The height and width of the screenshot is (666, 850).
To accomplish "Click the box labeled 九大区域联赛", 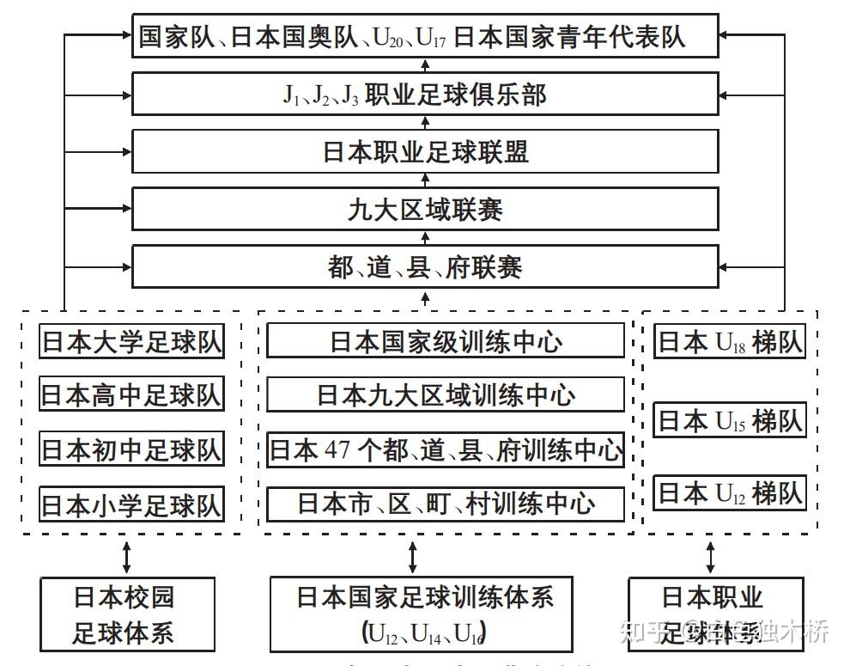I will point(425,209).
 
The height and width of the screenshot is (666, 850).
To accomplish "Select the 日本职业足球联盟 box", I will point(425,152).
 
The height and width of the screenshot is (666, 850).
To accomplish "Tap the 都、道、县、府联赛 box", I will point(425,267).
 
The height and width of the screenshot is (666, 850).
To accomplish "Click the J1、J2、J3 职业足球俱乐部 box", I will point(425,95).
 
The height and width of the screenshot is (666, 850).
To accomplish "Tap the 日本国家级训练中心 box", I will point(446,341).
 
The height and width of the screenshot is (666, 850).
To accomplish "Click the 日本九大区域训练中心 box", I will point(446,395).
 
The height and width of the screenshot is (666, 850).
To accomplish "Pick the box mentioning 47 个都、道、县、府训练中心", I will point(446,449).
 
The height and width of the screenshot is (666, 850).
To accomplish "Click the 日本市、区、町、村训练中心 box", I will point(446,504).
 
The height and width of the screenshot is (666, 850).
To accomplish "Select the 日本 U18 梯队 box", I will point(730,342).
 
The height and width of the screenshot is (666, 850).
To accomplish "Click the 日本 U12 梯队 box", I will point(730,492).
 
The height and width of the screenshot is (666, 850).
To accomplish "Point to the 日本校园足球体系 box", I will point(126,614).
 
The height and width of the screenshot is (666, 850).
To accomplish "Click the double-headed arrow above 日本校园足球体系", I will point(127,556).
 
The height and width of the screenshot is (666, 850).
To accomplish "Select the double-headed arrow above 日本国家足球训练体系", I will point(413,556).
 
